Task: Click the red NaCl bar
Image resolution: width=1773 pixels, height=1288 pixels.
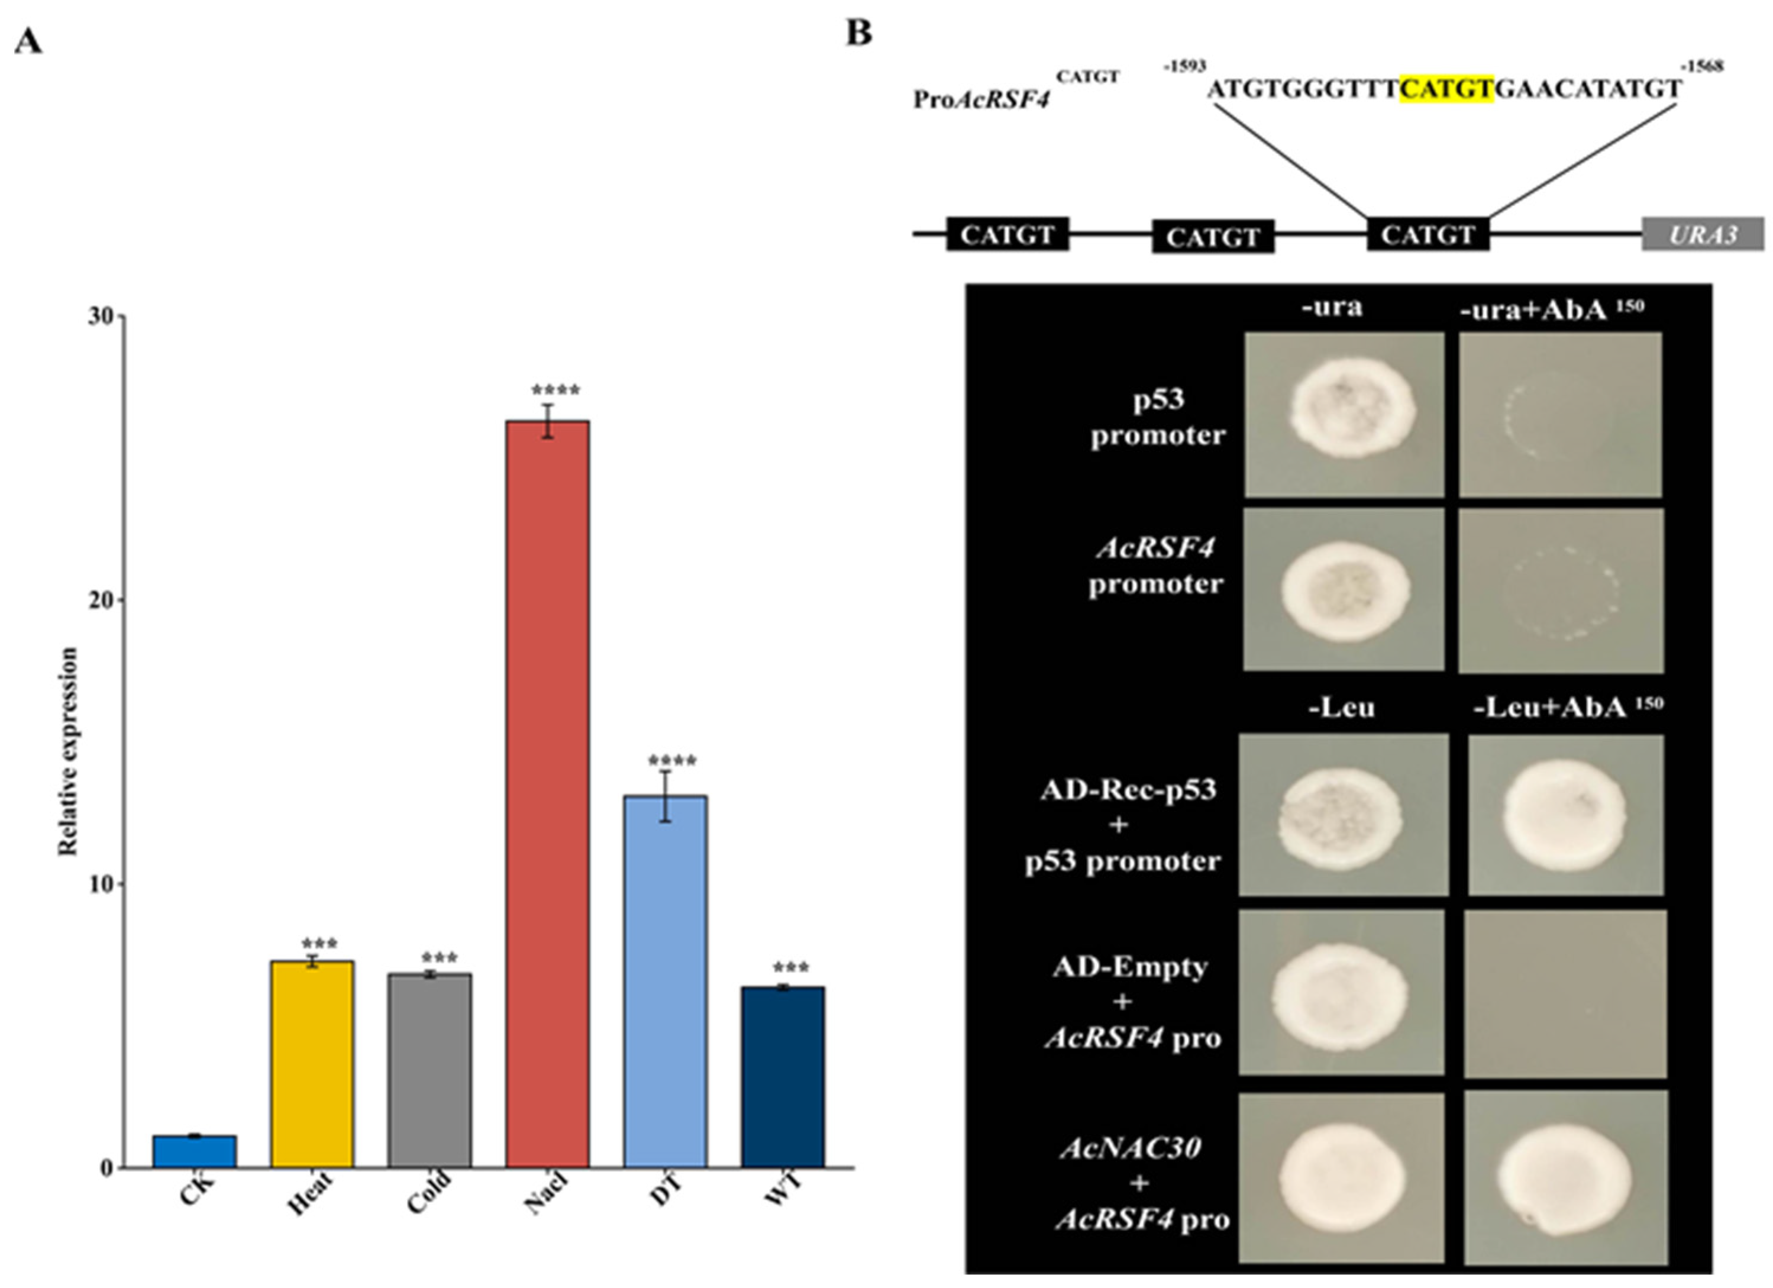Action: pyautogui.click(x=547, y=794)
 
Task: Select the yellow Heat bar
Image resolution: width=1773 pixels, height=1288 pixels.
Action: pyautogui.click(x=312, y=1064)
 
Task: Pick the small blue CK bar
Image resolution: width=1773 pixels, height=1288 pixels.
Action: pyautogui.click(x=195, y=1151)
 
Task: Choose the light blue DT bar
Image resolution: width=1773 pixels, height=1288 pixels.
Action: pyautogui.click(x=666, y=982)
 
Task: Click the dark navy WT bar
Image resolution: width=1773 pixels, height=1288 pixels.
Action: pyautogui.click(x=783, y=1077)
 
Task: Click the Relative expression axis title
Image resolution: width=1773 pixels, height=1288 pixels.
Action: pyautogui.click(x=69, y=751)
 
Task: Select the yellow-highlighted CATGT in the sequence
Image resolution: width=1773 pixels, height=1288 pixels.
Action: pyautogui.click(x=1446, y=88)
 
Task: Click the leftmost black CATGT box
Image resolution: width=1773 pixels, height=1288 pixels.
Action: pyautogui.click(x=1007, y=235)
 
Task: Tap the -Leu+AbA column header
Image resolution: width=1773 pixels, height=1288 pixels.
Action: pyautogui.click(x=1567, y=707)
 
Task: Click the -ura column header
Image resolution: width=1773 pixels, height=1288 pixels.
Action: pyautogui.click(x=1332, y=306)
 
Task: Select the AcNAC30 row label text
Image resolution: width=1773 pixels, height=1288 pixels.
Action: pyautogui.click(x=1131, y=1147)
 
